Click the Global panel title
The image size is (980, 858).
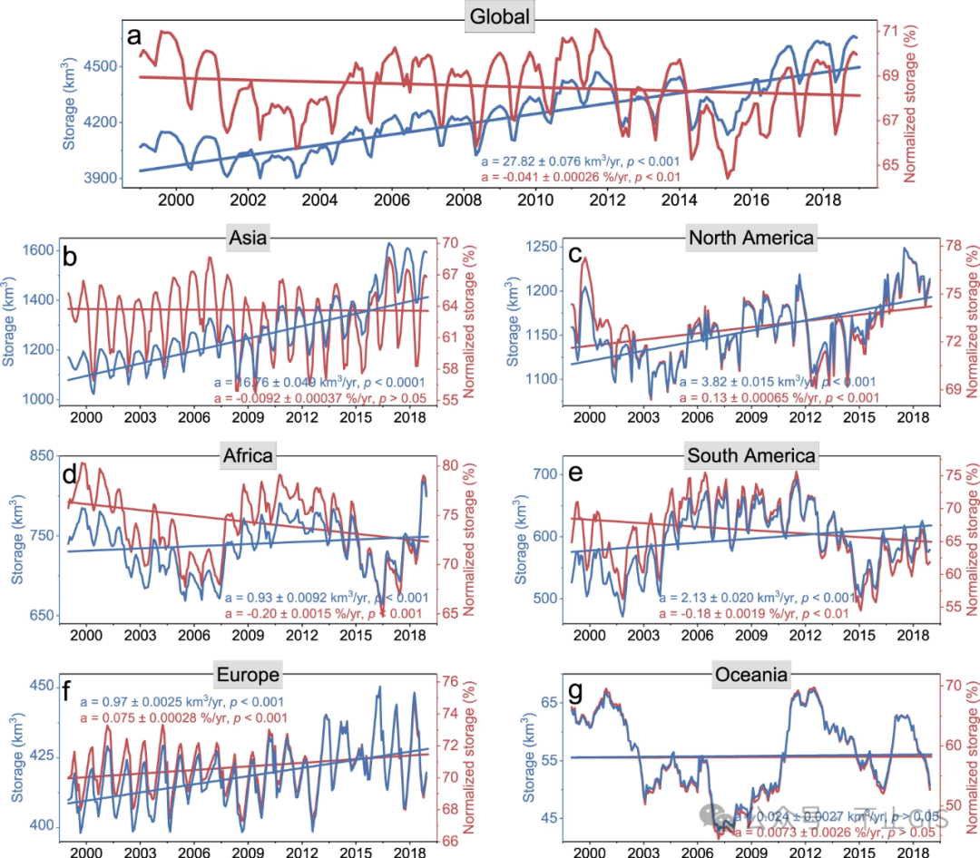tap(499, 15)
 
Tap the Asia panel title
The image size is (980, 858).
tap(251, 239)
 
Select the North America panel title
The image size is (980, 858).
tap(750, 239)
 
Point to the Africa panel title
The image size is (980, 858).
tap(248, 455)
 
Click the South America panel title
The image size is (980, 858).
tap(751, 455)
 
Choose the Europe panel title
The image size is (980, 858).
tap(248, 674)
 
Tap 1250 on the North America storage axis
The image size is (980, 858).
tap(542, 248)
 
